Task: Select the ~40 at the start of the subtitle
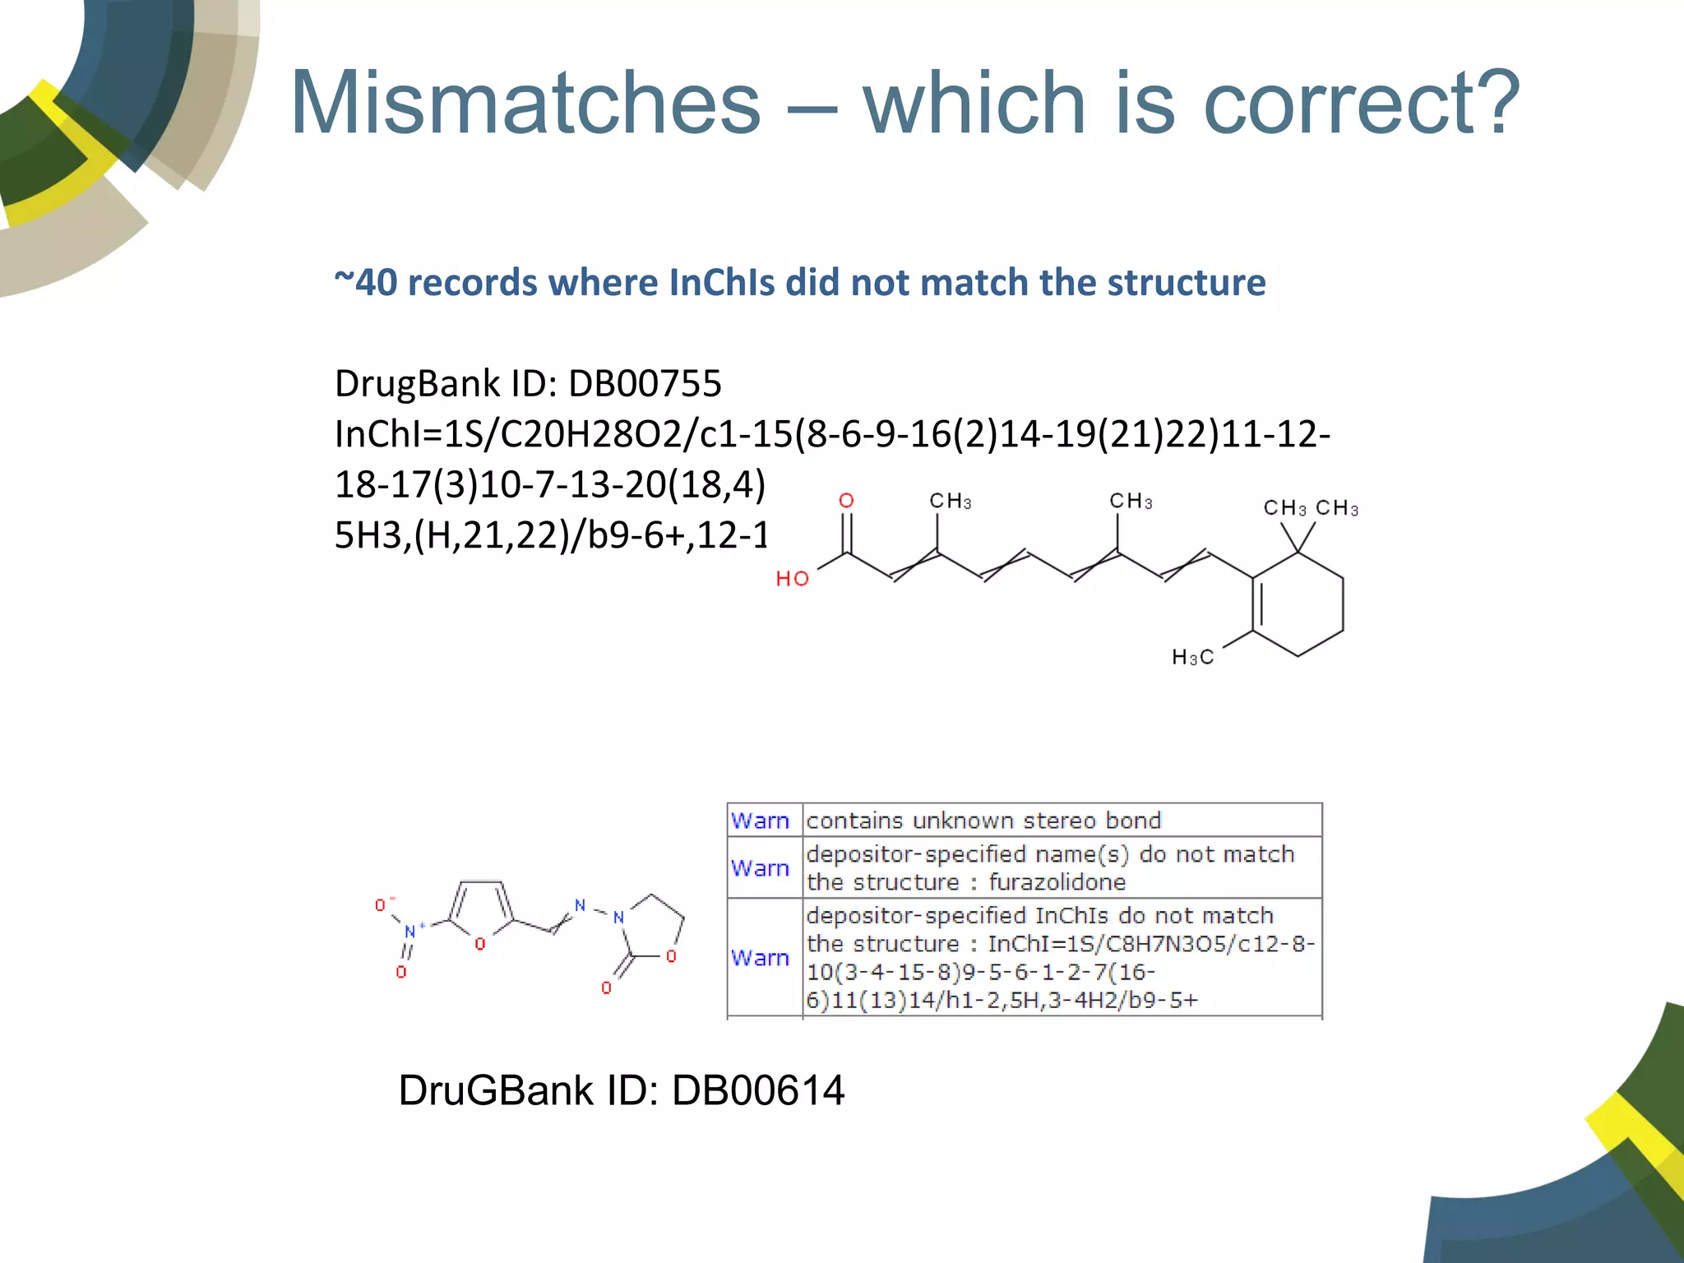(x=366, y=282)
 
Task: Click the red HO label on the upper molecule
(x=793, y=579)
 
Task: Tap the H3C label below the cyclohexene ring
(x=1192, y=657)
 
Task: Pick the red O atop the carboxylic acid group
(x=846, y=501)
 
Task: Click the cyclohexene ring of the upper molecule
(x=1298, y=604)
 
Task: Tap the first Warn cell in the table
(x=760, y=821)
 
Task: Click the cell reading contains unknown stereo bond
(x=983, y=821)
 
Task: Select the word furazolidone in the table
(x=1057, y=882)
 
